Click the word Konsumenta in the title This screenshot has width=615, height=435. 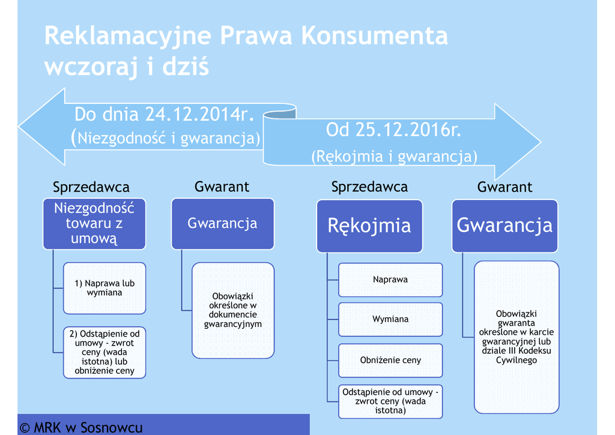pos(374,35)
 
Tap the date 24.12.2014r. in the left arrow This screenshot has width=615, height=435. pos(198,114)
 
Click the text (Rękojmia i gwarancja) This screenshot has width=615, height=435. pos(394,157)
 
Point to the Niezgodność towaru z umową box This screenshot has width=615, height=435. pos(94,224)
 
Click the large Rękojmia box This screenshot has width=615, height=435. pos(369,225)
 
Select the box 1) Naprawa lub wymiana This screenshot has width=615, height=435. pos(105,288)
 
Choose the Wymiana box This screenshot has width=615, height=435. pos(390,319)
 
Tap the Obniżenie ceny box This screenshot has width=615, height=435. pos(390,360)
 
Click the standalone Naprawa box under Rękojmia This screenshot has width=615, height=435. pos(390,279)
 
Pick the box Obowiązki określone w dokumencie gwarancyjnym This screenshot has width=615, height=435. pos(233,310)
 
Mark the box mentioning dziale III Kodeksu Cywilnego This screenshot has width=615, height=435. pos(517,336)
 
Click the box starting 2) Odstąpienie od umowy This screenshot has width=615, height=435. pos(105,352)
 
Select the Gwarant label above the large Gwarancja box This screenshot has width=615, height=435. pos(504,187)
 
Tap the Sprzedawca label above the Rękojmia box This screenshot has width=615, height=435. pos(369,187)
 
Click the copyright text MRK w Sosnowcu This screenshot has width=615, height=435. pos(82,427)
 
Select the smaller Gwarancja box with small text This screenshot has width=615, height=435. pos(222,224)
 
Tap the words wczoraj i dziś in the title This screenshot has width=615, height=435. pos(127,66)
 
